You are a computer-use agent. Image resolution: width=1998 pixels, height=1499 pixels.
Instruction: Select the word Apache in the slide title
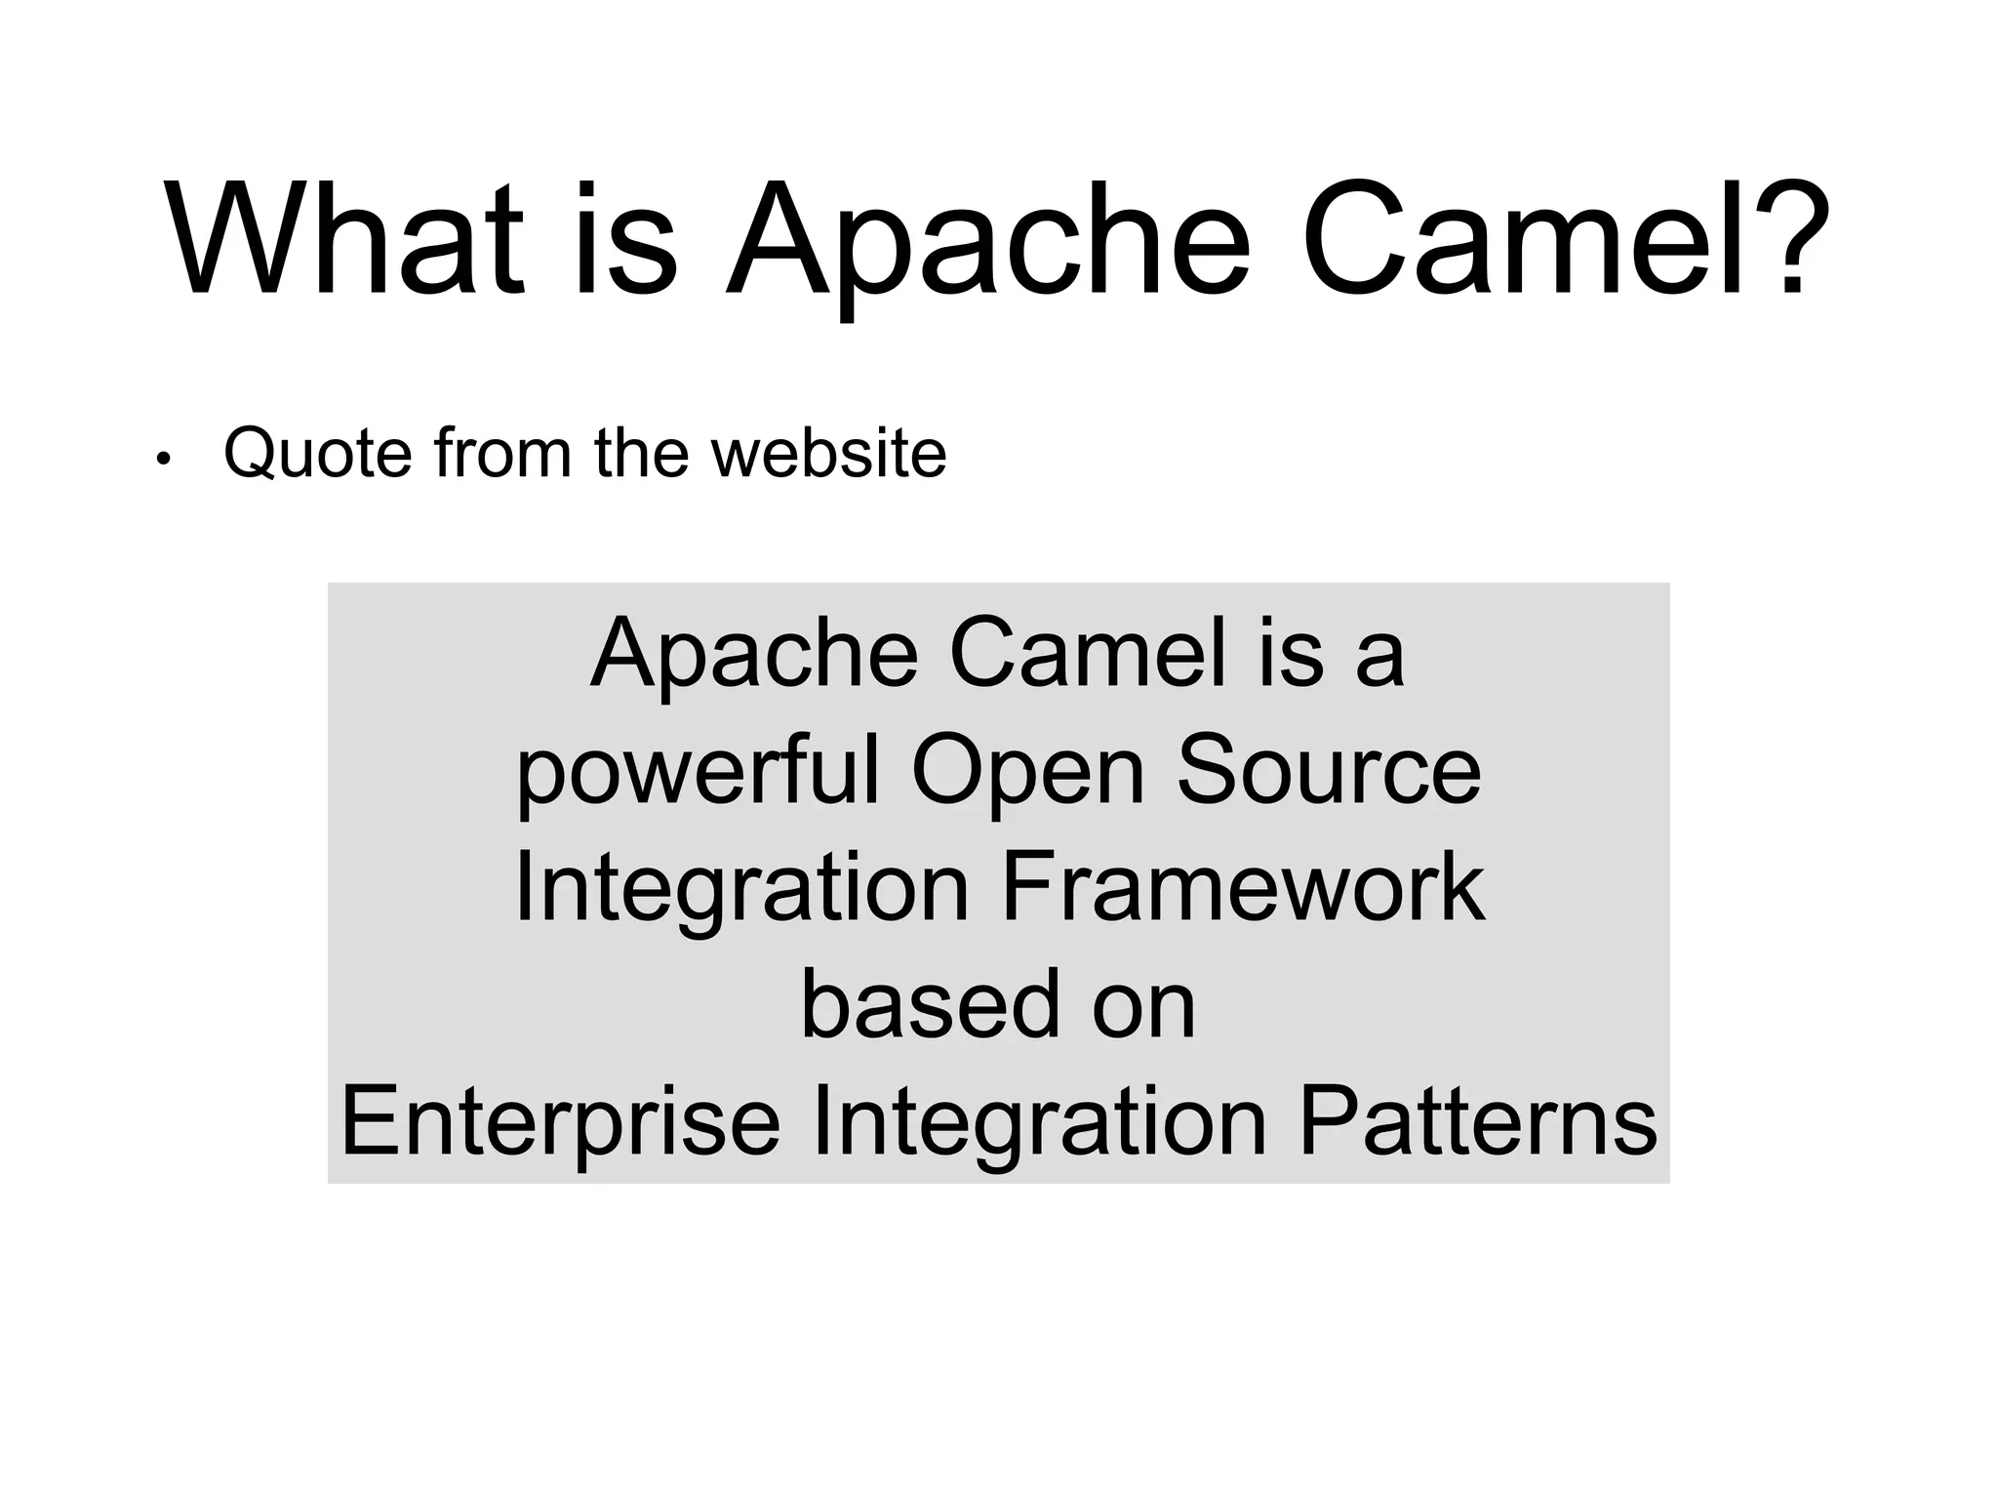click(985, 244)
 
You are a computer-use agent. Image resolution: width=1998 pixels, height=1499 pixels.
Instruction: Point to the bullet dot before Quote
click(163, 459)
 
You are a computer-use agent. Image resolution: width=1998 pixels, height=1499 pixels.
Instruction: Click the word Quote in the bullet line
click(317, 454)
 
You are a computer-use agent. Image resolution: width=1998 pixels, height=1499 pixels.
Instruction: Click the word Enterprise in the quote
click(560, 1122)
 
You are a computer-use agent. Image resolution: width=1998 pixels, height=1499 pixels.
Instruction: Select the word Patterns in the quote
click(1477, 1122)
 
